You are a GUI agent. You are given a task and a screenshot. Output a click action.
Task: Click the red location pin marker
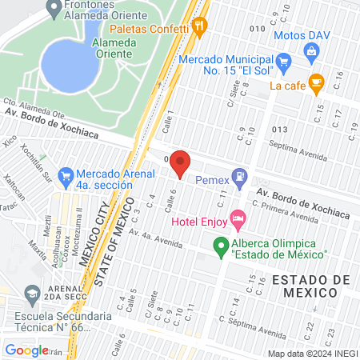180,162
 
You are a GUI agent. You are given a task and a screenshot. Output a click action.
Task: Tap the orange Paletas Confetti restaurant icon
200,25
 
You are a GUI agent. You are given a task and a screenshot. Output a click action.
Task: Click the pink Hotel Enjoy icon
237,218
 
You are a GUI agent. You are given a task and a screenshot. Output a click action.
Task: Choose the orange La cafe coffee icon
316,81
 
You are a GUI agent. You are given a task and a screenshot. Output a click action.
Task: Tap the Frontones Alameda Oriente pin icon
54,8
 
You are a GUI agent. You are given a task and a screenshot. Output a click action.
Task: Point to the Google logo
27,350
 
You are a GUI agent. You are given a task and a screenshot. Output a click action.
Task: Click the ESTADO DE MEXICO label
310,286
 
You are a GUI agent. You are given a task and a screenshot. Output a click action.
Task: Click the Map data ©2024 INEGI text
312,353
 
